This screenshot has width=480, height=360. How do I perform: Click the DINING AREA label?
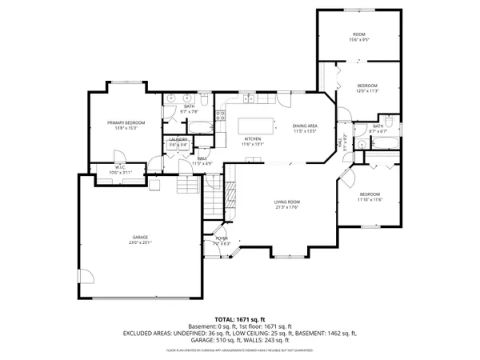pyautogui.click(x=305, y=126)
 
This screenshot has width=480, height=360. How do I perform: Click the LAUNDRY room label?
pyautogui.click(x=178, y=140)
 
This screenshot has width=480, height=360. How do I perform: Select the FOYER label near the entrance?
pyautogui.click(x=222, y=238)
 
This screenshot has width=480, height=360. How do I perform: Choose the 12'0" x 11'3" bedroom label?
pyautogui.click(x=367, y=86)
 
